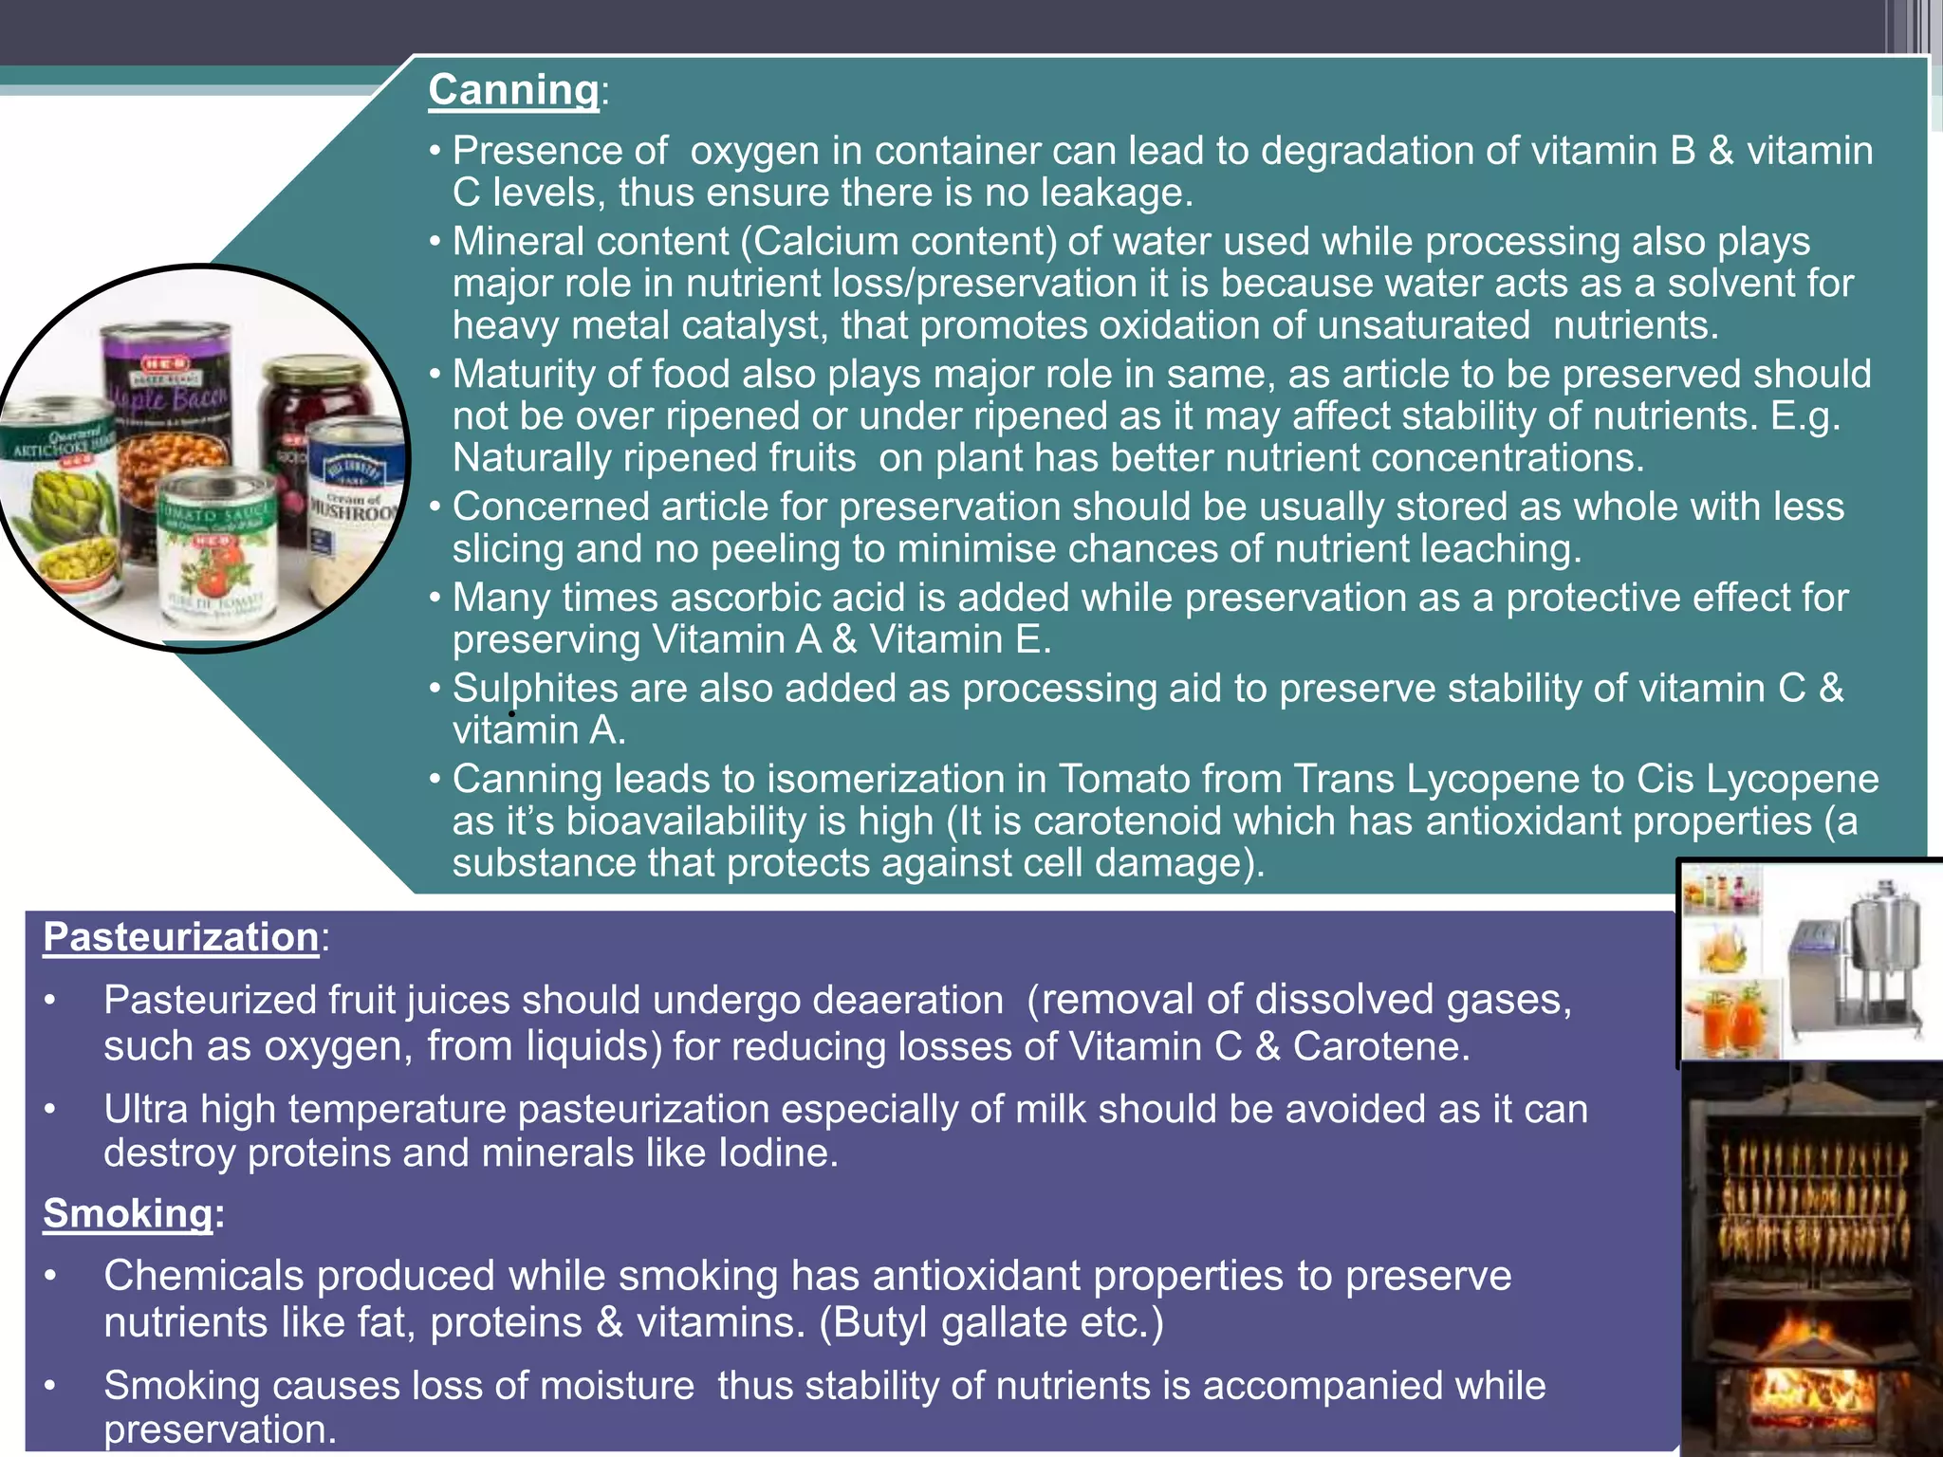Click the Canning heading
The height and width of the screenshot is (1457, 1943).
click(513, 90)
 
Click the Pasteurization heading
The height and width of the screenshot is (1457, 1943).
click(181, 937)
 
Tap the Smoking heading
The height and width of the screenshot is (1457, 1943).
click(128, 1213)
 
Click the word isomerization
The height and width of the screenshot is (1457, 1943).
click(906, 779)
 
